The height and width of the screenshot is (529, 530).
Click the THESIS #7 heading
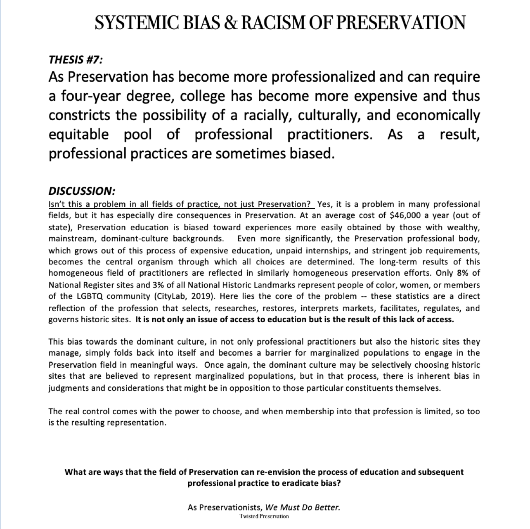click(75, 60)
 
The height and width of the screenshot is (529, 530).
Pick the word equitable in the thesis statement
click(79, 134)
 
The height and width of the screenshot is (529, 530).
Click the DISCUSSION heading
click(81, 191)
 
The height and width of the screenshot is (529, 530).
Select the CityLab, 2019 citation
click(178, 296)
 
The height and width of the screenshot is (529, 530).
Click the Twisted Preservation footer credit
click(264, 516)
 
